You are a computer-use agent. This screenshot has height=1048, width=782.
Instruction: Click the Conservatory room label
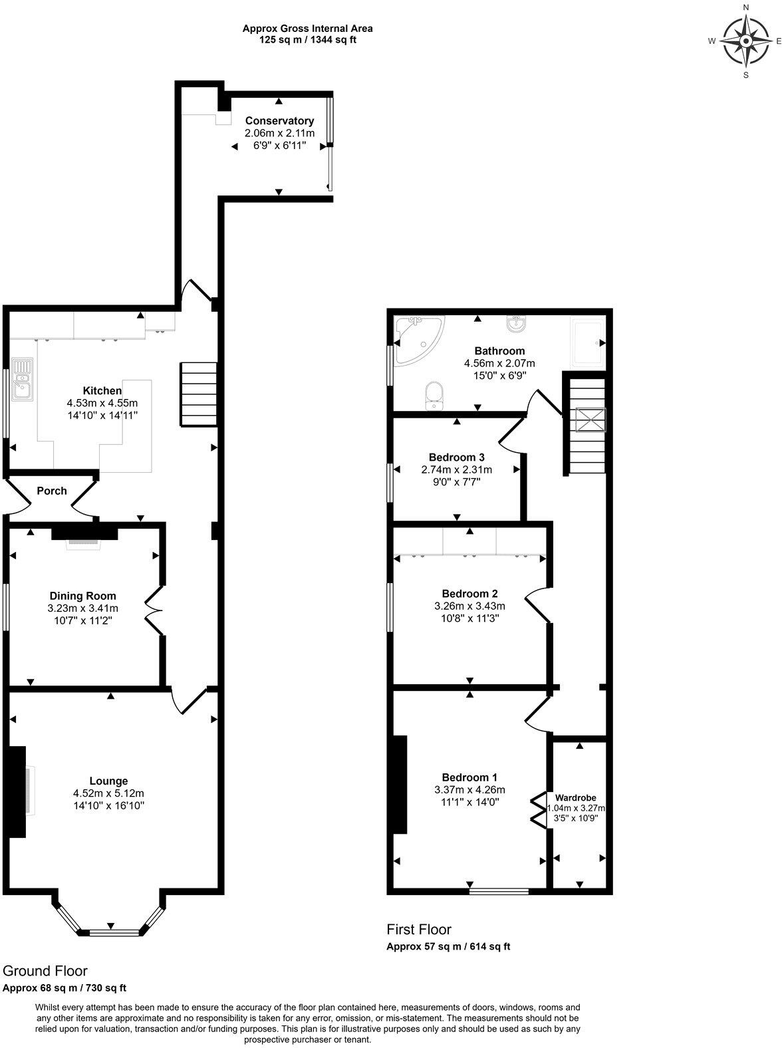point(279,121)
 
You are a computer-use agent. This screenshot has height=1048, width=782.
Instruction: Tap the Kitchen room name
point(102,391)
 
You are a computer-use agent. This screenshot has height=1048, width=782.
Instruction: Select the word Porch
point(52,491)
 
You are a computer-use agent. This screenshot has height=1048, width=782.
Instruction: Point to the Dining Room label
point(83,596)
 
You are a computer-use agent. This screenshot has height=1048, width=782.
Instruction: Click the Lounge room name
point(109,781)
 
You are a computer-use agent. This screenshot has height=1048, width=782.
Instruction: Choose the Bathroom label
point(499,351)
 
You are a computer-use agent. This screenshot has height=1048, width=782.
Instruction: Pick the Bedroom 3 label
point(456,458)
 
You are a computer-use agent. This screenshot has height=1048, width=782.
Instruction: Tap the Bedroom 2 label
point(469,594)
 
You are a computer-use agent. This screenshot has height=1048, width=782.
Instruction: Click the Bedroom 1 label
point(469,777)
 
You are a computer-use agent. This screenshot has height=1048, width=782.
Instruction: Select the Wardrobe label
point(576,797)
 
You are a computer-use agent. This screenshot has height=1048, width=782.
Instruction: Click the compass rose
point(745,41)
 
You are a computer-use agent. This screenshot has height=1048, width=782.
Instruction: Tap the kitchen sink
point(22,380)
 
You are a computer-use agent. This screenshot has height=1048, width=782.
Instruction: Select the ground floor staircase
point(199,394)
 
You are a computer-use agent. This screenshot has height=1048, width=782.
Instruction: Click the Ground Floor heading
point(45,972)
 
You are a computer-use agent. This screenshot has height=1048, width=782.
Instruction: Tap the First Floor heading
point(419,930)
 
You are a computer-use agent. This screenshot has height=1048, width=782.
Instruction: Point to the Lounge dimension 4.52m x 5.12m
point(109,793)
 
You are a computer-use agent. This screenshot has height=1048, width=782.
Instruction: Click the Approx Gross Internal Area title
point(307,29)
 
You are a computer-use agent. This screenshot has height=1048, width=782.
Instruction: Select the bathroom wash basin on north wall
point(515,324)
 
